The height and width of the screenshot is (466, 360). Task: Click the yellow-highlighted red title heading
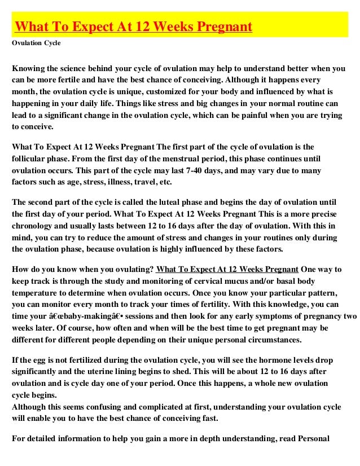coord(133,27)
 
